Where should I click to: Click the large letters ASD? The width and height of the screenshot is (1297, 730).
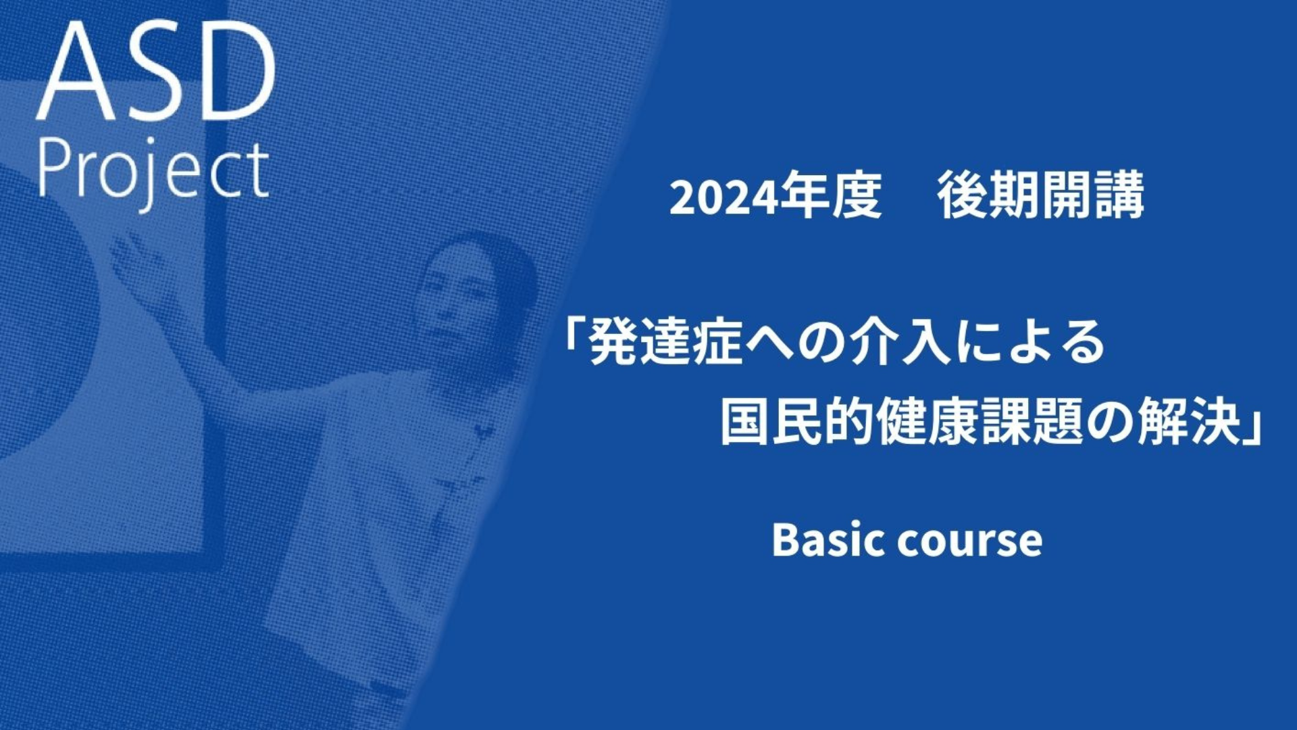[156, 73]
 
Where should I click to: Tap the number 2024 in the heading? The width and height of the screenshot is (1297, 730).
[721, 198]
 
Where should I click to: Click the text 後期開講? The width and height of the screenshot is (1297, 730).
[1041, 195]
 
